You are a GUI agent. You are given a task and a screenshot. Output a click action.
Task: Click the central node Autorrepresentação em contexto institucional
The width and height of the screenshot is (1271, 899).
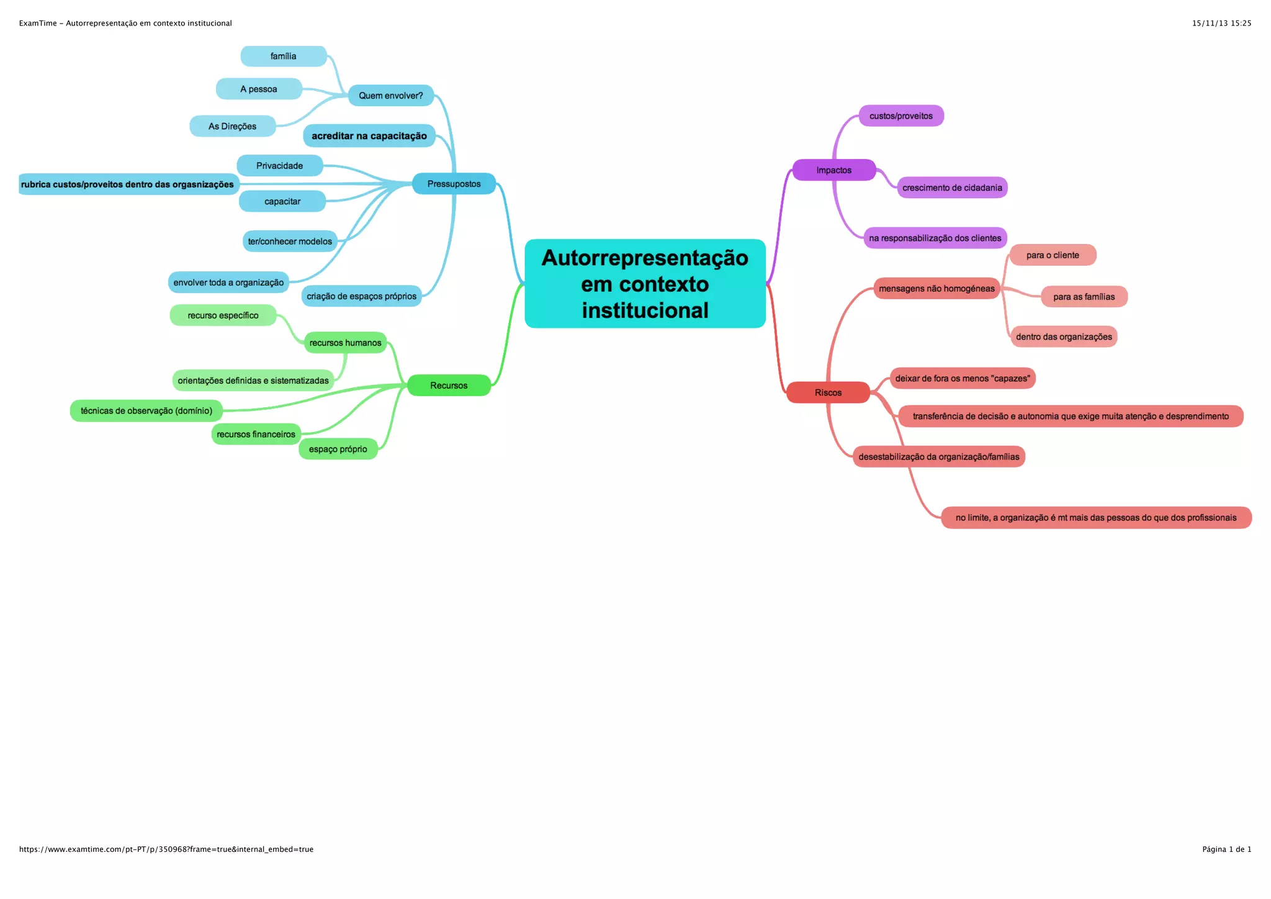645,284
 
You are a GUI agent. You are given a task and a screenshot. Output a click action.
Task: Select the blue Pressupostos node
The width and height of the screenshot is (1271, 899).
454,184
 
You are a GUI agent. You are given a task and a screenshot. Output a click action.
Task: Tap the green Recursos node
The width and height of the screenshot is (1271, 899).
449,386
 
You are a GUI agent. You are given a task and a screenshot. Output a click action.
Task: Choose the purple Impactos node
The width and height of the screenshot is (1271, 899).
833,170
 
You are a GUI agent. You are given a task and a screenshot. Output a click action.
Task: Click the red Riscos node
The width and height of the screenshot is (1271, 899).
828,392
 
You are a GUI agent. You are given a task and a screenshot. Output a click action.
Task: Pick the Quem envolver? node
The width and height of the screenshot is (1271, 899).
390,96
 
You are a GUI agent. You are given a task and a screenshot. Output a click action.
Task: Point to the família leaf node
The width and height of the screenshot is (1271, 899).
283,56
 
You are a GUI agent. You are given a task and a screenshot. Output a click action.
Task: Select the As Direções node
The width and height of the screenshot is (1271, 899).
232,126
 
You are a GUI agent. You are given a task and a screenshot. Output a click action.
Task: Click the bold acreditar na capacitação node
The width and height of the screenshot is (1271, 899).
369,136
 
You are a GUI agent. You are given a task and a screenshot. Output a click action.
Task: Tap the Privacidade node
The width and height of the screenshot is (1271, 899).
279,166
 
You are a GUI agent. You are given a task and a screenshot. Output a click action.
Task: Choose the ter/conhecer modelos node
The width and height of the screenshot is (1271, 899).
290,242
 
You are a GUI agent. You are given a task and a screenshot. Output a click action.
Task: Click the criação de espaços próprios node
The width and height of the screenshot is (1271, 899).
361,296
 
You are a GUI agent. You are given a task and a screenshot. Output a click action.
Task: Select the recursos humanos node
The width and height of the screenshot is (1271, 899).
345,343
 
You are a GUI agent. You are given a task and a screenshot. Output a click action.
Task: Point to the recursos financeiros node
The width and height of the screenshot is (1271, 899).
256,435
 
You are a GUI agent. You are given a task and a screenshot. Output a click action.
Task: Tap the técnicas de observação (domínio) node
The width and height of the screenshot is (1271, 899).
146,411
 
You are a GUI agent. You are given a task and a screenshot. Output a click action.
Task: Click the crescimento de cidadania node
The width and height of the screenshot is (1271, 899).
952,187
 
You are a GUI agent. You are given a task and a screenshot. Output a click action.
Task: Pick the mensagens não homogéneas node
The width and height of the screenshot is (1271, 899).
936,289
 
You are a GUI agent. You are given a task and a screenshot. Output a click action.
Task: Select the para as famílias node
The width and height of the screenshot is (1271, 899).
1084,297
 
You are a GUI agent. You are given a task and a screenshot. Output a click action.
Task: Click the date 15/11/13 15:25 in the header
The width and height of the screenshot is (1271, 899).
1221,24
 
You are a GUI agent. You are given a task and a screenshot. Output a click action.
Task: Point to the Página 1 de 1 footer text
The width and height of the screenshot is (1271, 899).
1226,849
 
